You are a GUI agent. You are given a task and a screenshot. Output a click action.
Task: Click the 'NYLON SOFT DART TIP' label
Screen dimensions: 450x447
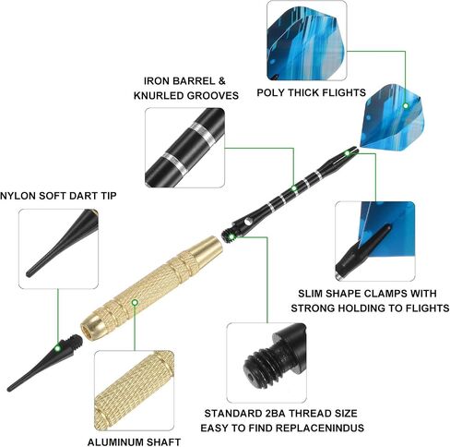[x=58, y=196]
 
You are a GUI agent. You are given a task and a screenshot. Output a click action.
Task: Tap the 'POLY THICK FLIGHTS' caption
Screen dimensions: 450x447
[x=312, y=92]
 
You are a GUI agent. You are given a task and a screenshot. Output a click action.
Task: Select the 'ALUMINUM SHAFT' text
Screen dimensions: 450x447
[x=134, y=442]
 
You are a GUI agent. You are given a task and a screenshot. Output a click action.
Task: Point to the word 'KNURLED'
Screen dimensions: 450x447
[x=159, y=96]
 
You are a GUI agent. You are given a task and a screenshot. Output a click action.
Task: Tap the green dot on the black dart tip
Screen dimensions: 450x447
[x=57, y=348]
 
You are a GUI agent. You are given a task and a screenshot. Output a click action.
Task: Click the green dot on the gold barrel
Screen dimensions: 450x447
[x=135, y=303]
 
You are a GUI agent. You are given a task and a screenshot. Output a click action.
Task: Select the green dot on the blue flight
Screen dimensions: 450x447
[x=406, y=106]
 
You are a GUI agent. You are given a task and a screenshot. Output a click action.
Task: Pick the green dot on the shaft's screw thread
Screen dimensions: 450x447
[x=231, y=236]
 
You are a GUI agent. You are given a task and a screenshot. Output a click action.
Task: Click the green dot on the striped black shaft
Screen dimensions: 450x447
[x=294, y=188]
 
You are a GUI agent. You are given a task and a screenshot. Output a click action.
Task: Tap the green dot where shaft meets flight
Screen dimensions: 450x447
[x=348, y=153]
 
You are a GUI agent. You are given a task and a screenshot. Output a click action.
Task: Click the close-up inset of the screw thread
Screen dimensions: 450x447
[x=266, y=363]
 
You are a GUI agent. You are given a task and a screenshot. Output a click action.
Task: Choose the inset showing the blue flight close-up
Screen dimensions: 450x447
[x=307, y=41]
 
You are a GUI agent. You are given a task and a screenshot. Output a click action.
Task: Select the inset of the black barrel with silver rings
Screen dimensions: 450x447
[x=184, y=148]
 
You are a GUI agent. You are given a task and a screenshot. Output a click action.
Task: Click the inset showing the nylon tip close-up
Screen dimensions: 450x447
[x=58, y=248]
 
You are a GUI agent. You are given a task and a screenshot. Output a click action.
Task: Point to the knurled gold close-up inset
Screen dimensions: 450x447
[x=135, y=391]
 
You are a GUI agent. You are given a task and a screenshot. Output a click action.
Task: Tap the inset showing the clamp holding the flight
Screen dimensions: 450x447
[x=375, y=241]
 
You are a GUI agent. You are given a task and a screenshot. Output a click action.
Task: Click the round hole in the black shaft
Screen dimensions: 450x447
[x=247, y=222]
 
